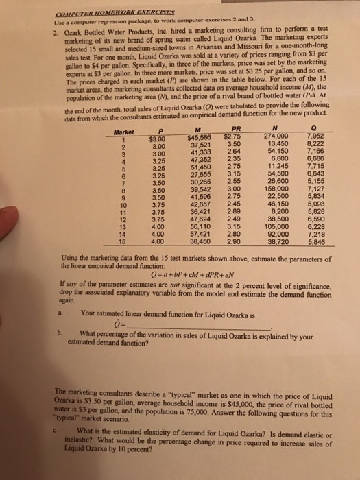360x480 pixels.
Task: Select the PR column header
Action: [237, 114]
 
